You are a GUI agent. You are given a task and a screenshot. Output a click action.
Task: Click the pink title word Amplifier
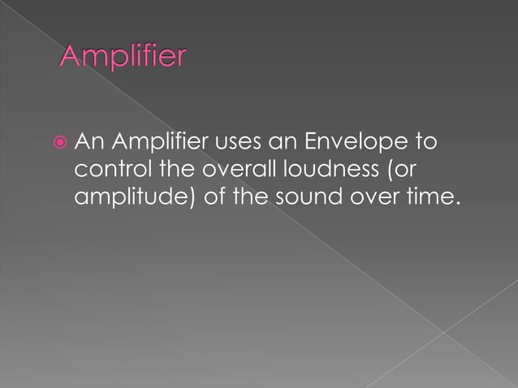point(123,58)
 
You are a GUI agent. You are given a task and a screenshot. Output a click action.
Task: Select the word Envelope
point(359,144)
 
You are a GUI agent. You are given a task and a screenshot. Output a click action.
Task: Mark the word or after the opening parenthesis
point(405,170)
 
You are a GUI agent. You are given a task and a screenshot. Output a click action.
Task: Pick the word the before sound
point(254,197)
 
